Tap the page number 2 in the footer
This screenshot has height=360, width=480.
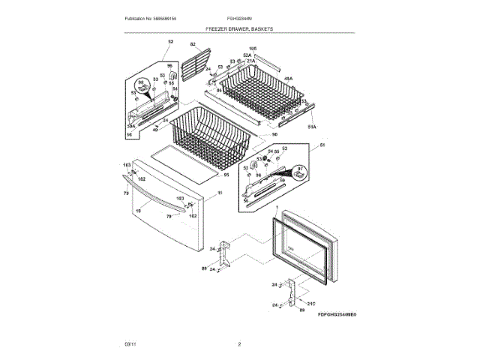pyautogui.click(x=239, y=344)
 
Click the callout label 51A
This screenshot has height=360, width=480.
pyautogui.click(x=313, y=127)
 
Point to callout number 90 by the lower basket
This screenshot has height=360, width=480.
pyautogui.click(x=274, y=135)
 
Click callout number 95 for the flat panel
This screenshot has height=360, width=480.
pyautogui.click(x=226, y=174)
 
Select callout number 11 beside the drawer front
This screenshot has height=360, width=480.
pyautogui.click(x=220, y=193)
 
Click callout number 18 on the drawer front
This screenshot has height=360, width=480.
pyautogui.click(x=137, y=211)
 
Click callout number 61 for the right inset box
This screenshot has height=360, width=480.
pyautogui.click(x=322, y=144)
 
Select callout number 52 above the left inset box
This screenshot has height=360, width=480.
pyautogui.click(x=170, y=41)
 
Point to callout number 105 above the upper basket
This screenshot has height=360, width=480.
pyautogui.click(x=253, y=49)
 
